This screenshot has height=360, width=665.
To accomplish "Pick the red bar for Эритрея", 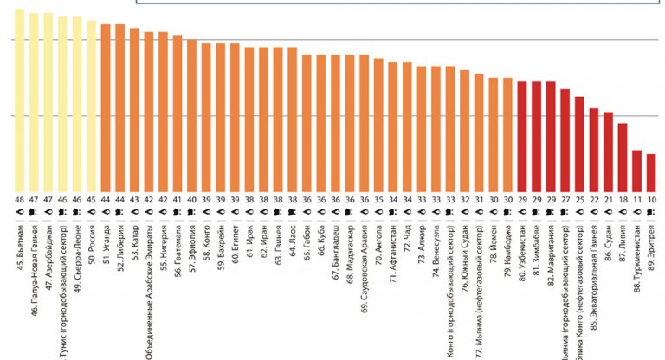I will pyautogui.click(x=651, y=172).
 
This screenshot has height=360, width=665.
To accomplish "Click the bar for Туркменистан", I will pyautogui.click(x=637, y=170).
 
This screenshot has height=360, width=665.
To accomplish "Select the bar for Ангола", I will pyautogui.click(x=378, y=125).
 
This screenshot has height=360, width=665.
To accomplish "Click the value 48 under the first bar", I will pyautogui.click(x=19, y=198).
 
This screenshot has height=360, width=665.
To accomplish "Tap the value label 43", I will pyautogui.click(x=134, y=198).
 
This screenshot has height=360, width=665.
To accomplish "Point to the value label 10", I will pyautogui.click(x=651, y=198).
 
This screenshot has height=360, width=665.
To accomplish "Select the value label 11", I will pyautogui.click(x=637, y=198).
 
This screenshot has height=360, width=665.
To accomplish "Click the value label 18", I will pyautogui.click(x=623, y=198).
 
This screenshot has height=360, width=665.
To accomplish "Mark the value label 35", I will pyautogui.click(x=378, y=198).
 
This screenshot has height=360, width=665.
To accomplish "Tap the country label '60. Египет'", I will pyautogui.click(x=235, y=246).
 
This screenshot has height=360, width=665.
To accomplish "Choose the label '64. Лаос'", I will pyautogui.click(x=293, y=243).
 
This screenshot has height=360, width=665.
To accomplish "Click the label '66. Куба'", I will pyautogui.click(x=321, y=243).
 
